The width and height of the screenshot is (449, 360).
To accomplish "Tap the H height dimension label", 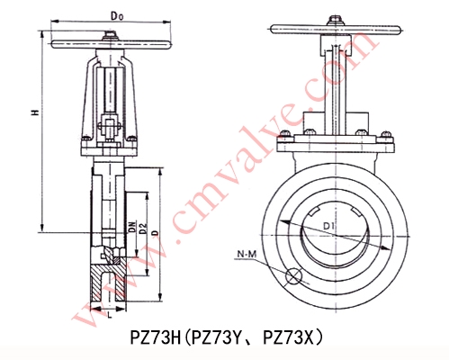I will coord(33,113).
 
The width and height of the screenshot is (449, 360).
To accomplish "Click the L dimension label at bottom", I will coord(108,316).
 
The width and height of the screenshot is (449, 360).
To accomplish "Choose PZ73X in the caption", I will coord(290,339).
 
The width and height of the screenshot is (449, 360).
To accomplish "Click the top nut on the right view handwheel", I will coord(335,17).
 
